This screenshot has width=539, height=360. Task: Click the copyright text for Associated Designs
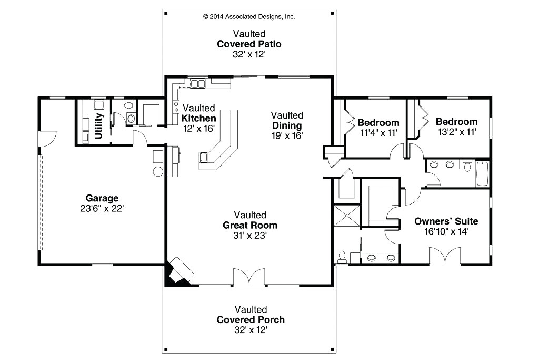(x=249, y=16)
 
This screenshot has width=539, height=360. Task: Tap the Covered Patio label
(x=249, y=44)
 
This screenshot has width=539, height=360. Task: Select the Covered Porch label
(x=251, y=320)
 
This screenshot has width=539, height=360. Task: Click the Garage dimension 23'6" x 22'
(x=102, y=209)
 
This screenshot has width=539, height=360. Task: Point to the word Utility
(x=98, y=126)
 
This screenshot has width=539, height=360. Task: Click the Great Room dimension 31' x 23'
(x=250, y=236)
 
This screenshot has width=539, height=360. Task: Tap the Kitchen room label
(x=198, y=119)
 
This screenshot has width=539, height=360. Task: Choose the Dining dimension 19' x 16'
(x=287, y=135)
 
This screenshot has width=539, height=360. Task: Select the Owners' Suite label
(x=446, y=221)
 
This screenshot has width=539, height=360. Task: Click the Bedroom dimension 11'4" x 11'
(x=378, y=133)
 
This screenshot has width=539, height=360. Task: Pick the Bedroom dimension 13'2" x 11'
(x=457, y=132)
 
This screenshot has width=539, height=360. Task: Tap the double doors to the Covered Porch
(x=249, y=277)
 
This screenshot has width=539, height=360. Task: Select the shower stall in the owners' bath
(x=347, y=216)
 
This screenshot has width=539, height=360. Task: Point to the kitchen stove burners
(x=176, y=106)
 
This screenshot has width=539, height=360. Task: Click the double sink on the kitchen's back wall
(x=198, y=84)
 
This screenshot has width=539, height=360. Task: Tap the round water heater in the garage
(x=158, y=171)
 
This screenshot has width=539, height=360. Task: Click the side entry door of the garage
(x=47, y=139)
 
